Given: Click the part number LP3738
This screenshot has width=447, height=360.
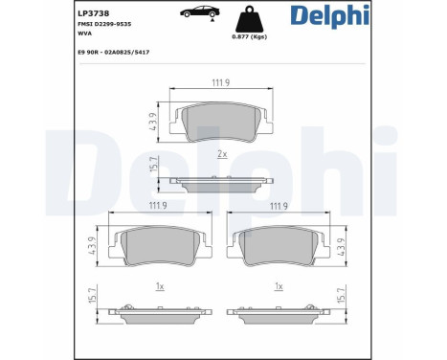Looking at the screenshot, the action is (94, 13).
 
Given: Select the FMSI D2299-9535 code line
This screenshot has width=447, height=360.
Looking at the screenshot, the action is (104, 24).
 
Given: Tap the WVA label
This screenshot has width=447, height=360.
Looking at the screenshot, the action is (84, 34).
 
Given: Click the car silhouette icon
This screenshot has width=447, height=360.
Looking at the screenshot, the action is (200, 12).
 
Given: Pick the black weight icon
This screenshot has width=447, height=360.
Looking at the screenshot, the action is (250, 19).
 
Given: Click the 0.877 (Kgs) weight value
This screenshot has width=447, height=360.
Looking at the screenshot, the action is (250, 36).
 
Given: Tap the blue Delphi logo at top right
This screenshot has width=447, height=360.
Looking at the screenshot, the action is (330, 15).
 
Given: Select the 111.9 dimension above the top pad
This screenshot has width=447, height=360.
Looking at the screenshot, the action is (221, 83).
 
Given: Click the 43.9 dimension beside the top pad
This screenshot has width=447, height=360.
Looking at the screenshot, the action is (153, 122).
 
